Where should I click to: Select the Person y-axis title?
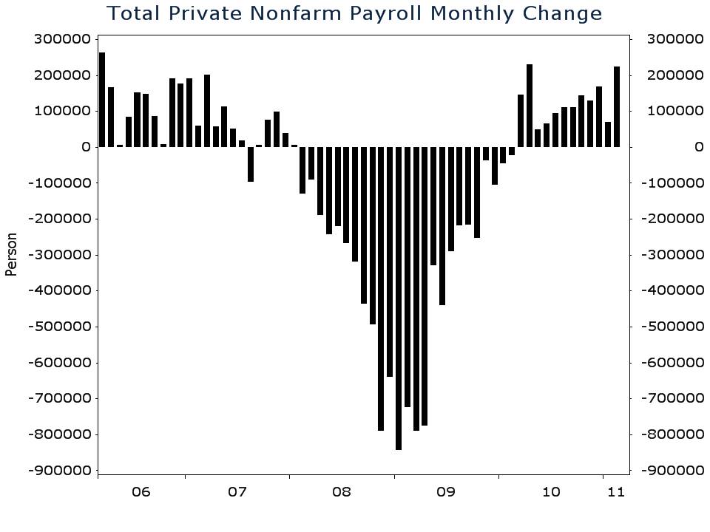click(x=11, y=254)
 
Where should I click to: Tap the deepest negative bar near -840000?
click(x=399, y=298)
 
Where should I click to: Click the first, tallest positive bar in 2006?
click(x=102, y=100)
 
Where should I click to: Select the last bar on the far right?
click(x=617, y=106)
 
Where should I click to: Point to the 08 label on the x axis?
click(x=342, y=491)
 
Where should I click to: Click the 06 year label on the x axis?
click(x=141, y=491)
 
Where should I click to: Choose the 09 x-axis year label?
click(x=446, y=491)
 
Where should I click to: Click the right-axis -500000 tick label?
click(x=674, y=327)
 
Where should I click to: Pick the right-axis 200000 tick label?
click(x=674, y=75)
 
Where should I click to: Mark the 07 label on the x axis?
click(x=237, y=491)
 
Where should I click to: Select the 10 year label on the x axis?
click(x=551, y=491)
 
